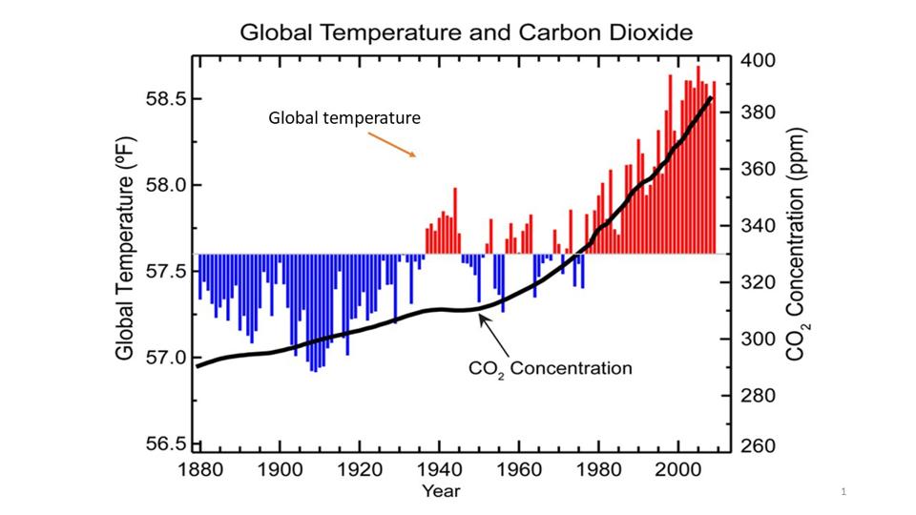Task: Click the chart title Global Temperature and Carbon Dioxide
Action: coord(466,32)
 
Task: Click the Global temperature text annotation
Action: coord(344,119)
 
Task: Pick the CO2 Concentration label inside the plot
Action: coord(551,368)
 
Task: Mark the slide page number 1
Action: coord(844,491)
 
